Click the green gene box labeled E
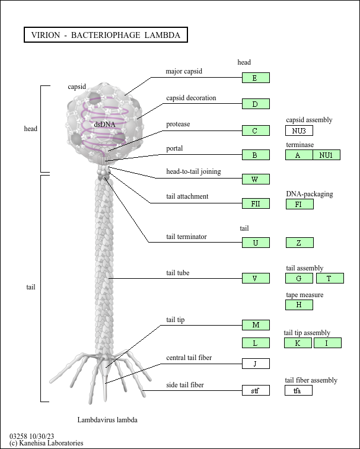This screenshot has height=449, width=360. tap(256, 78)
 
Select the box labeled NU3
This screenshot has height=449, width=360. tap(299, 130)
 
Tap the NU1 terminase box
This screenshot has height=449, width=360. tap(327, 155)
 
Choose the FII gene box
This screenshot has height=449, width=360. tap(256, 203)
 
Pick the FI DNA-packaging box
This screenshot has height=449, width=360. tap(300, 204)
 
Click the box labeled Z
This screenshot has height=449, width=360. tap(300, 243)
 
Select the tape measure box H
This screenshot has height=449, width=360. tap(299, 305)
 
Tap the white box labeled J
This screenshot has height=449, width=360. tap(256, 364)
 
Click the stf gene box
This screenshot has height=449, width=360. tap(256, 390)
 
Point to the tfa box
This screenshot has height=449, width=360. tap(298, 390)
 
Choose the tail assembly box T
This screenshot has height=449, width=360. tap(330, 278)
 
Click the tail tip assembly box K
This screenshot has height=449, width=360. tap(298, 343)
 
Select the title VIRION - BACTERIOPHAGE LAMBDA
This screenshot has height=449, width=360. tap(106, 35)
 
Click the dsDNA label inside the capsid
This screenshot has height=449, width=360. tap(104, 125)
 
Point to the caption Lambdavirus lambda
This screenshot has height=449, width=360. tap(107, 420)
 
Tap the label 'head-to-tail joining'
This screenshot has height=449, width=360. tap(193, 171)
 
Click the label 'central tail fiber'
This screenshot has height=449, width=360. tap(189, 358)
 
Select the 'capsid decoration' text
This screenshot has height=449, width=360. tap(192, 98)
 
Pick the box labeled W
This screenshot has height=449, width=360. tap(256, 179)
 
